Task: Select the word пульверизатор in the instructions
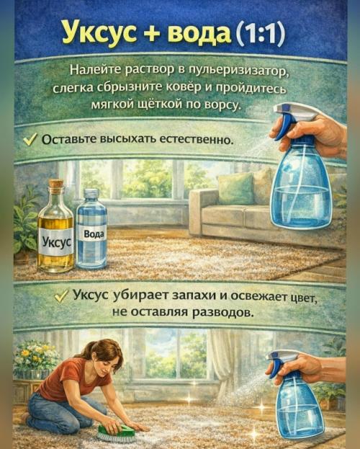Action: pyautogui.click(x=232, y=71)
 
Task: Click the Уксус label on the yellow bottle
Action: pyautogui.click(x=55, y=241)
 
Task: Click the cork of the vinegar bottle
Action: pyautogui.click(x=55, y=185)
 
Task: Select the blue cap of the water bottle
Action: pyautogui.click(x=91, y=194)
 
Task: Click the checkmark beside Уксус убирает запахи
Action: pyautogui.click(x=61, y=296)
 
